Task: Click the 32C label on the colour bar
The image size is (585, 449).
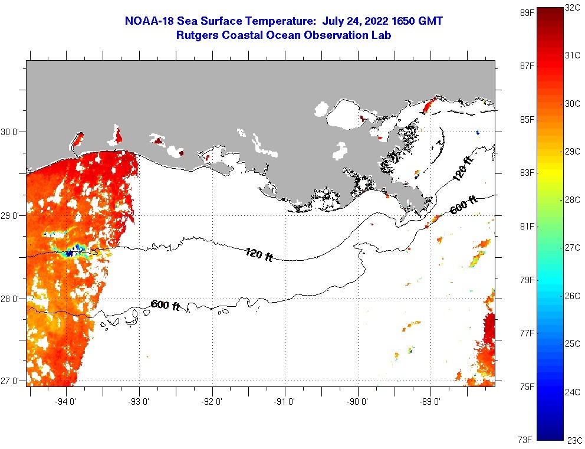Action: (x=572, y=8)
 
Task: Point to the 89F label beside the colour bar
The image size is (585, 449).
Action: (x=527, y=13)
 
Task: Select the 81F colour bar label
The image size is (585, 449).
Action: (x=527, y=226)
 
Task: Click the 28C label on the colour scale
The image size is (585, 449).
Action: (x=572, y=200)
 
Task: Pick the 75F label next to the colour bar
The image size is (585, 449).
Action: (x=527, y=386)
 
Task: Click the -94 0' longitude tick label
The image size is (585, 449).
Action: (x=65, y=402)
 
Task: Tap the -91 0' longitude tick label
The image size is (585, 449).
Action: (x=284, y=402)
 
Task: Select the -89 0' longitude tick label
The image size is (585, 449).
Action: (x=430, y=402)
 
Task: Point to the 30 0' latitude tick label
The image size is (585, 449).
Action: (x=10, y=132)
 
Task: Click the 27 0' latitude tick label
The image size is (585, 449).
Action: (x=10, y=381)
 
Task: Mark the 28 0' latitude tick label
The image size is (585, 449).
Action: (x=10, y=299)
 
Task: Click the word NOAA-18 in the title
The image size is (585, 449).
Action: (x=149, y=21)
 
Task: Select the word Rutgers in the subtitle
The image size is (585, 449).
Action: (x=198, y=35)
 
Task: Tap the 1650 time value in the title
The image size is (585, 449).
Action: (x=403, y=21)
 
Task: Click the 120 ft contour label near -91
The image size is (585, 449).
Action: (x=259, y=254)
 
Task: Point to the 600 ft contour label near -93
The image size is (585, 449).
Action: (x=165, y=305)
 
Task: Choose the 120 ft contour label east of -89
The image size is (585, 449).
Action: (x=463, y=169)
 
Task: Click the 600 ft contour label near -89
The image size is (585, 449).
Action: (x=464, y=205)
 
